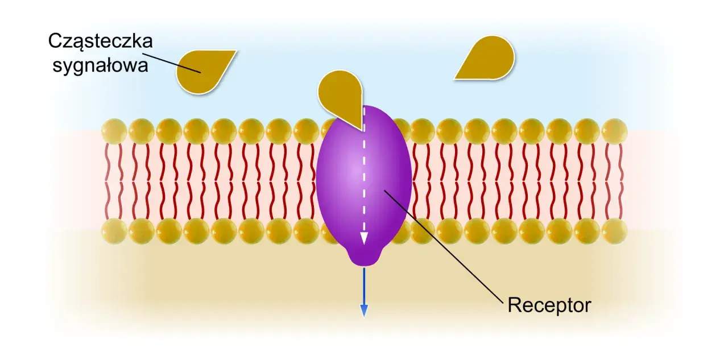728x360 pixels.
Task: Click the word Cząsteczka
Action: pos(101,42)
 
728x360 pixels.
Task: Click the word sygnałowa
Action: pos(101,65)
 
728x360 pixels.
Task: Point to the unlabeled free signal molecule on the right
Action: pos(487,59)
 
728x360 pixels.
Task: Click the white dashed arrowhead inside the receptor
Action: pos(364,238)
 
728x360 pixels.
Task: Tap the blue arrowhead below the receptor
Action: pos(364,311)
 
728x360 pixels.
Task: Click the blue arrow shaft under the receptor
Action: pos(364,286)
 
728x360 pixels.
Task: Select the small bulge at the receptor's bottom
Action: pos(364,257)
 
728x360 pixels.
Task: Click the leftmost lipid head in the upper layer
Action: pos(114,131)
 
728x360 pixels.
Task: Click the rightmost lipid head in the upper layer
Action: pos(614,131)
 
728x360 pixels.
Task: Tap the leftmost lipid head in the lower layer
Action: pos(114,231)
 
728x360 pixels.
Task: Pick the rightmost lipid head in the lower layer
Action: pos(614,231)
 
